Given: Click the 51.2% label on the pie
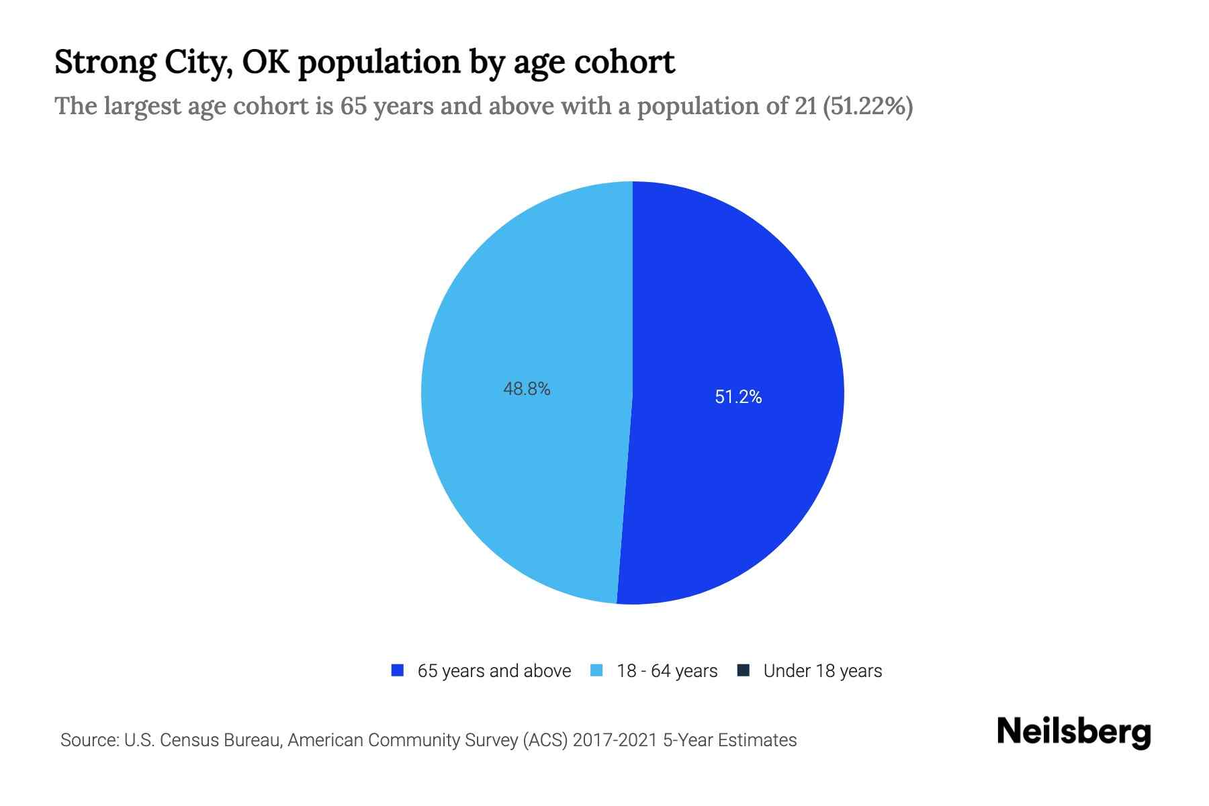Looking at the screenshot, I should [x=738, y=397].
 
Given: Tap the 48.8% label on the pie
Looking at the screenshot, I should [x=527, y=389].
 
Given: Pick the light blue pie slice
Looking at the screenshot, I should [x=524, y=470].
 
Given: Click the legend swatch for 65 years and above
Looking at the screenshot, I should [x=398, y=670].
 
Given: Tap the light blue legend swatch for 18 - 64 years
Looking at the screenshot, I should [x=596, y=670].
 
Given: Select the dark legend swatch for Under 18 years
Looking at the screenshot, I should [x=744, y=670].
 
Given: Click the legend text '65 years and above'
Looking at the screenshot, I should [x=494, y=671].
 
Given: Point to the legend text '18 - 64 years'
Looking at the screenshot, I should [x=667, y=671].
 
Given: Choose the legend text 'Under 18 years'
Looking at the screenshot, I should [x=822, y=671].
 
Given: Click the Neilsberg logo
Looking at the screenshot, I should [x=1073, y=732].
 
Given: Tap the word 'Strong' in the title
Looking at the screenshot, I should [x=104, y=62].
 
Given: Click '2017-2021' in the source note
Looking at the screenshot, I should [x=615, y=740].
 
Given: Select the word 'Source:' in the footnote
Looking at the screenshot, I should [x=89, y=740].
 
